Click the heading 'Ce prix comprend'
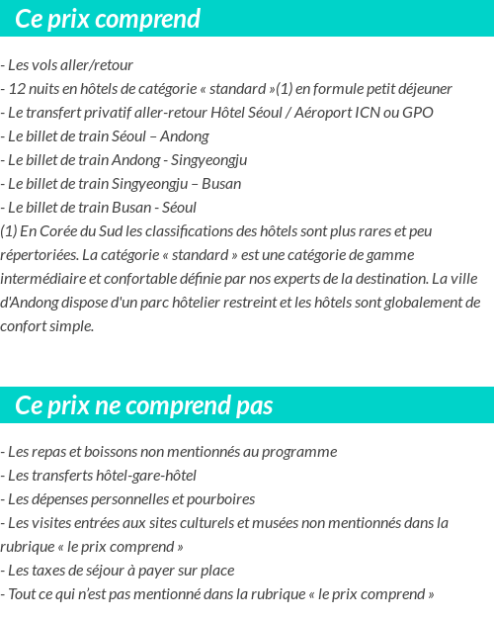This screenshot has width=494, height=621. pyautogui.click(x=108, y=19)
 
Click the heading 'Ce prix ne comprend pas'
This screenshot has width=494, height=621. pyautogui.click(x=144, y=405)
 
